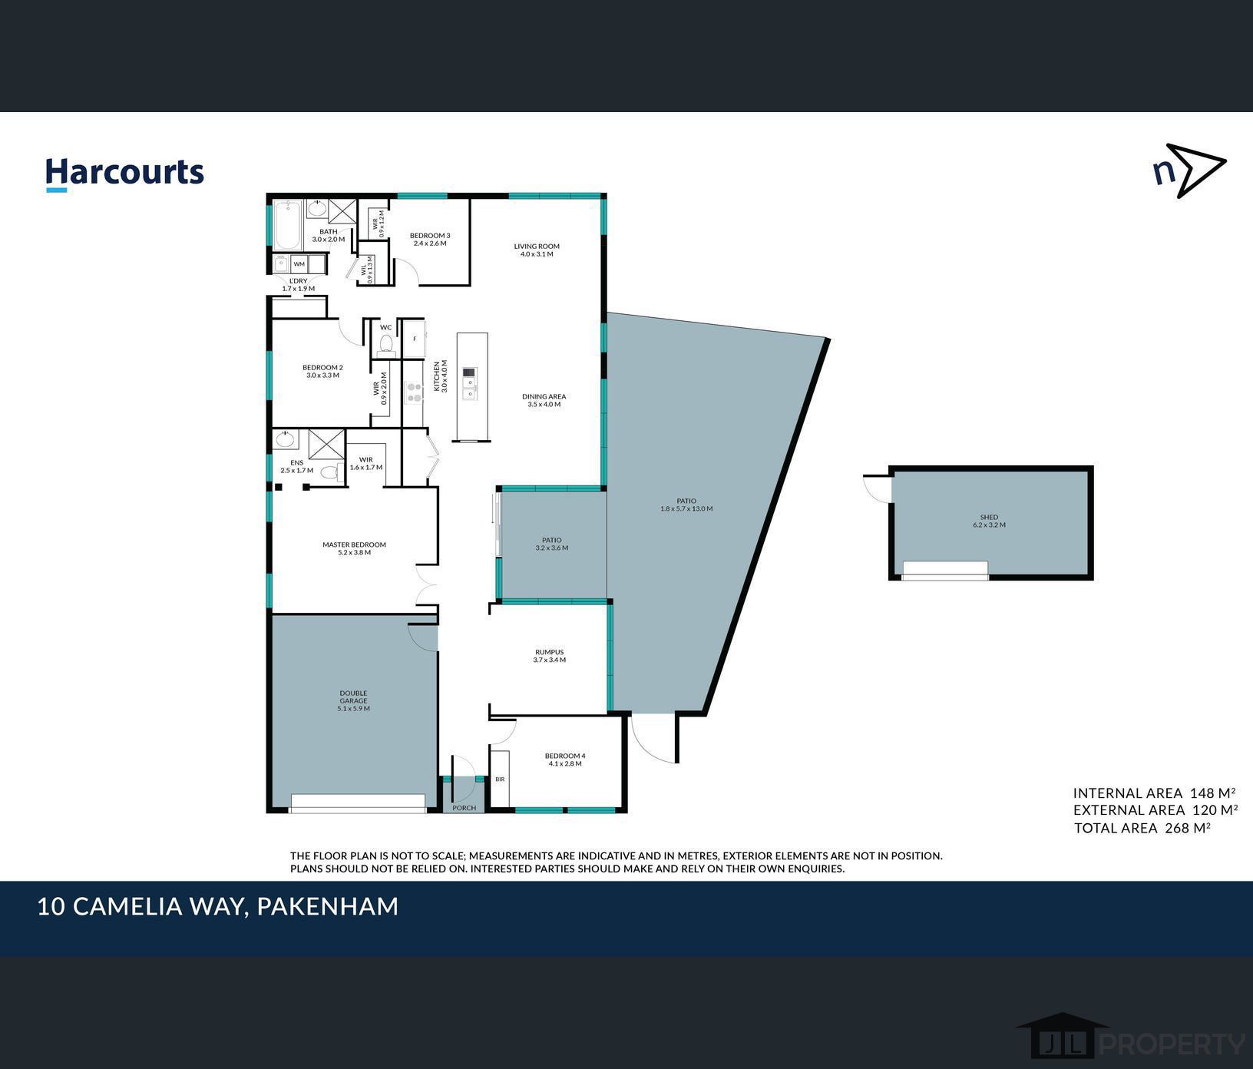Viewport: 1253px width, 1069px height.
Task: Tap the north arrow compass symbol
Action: pyautogui.click(x=1189, y=170)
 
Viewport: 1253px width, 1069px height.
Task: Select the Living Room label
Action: pyautogui.click(x=537, y=250)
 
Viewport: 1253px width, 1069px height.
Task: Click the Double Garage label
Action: pyautogui.click(x=353, y=701)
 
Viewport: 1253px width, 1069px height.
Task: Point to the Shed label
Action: pyautogui.click(x=989, y=521)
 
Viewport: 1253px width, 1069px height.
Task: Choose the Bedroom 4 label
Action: pyautogui.click(x=565, y=760)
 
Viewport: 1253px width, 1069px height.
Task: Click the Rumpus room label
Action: pyautogui.click(x=549, y=656)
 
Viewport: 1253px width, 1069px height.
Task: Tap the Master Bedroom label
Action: pyautogui.click(x=354, y=548)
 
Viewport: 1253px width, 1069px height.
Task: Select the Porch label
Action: pyautogui.click(x=465, y=808)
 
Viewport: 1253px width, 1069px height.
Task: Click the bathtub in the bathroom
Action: pyautogui.click(x=289, y=225)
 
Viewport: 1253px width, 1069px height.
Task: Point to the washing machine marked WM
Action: pyautogui.click(x=299, y=264)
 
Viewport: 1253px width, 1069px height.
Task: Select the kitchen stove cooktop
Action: pyautogui.click(x=414, y=393)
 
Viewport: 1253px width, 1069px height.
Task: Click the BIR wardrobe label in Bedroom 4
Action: pyautogui.click(x=500, y=779)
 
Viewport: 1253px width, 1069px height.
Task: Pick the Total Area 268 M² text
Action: pyautogui.click(x=1142, y=828)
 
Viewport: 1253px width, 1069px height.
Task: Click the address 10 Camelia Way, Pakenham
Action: pyautogui.click(x=218, y=907)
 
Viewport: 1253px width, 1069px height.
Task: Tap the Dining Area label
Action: pyautogui.click(x=544, y=401)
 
